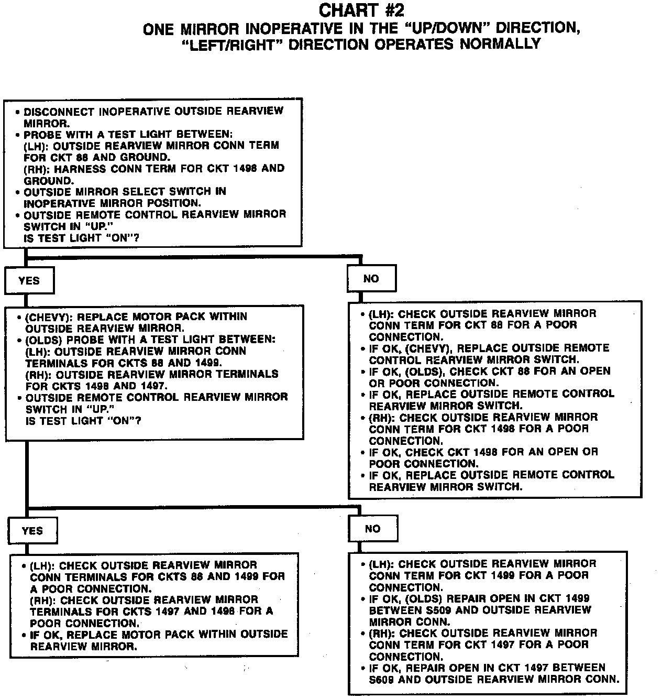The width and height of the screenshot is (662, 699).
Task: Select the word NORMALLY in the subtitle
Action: [x=500, y=44]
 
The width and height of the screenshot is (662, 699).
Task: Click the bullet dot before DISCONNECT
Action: [x=18, y=112]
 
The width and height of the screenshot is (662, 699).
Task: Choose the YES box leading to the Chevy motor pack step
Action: [x=29, y=280]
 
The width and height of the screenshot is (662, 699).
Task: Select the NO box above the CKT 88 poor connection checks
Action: [x=371, y=279]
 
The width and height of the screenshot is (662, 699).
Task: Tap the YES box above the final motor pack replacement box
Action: [x=32, y=531]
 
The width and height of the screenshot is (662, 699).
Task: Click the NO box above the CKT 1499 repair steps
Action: [x=373, y=529]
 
